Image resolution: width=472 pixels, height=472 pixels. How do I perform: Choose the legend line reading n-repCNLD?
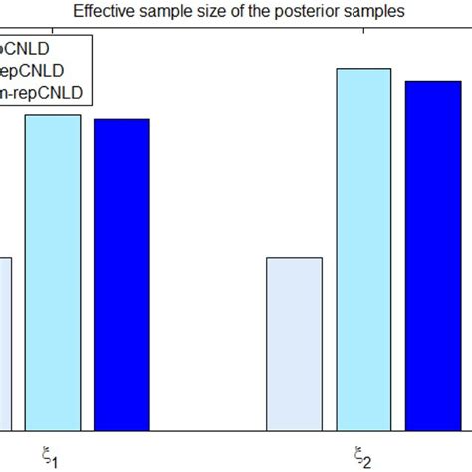tap(45, 93)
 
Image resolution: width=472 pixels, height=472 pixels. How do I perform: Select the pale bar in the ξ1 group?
tap(6, 344)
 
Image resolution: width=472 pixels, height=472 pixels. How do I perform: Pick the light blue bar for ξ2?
tap(364, 249)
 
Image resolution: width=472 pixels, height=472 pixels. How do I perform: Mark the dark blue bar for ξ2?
tap(433, 255)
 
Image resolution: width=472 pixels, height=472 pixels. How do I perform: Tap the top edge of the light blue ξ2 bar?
tap(364, 69)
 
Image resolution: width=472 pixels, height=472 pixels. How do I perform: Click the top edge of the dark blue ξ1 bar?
tap(120, 120)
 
